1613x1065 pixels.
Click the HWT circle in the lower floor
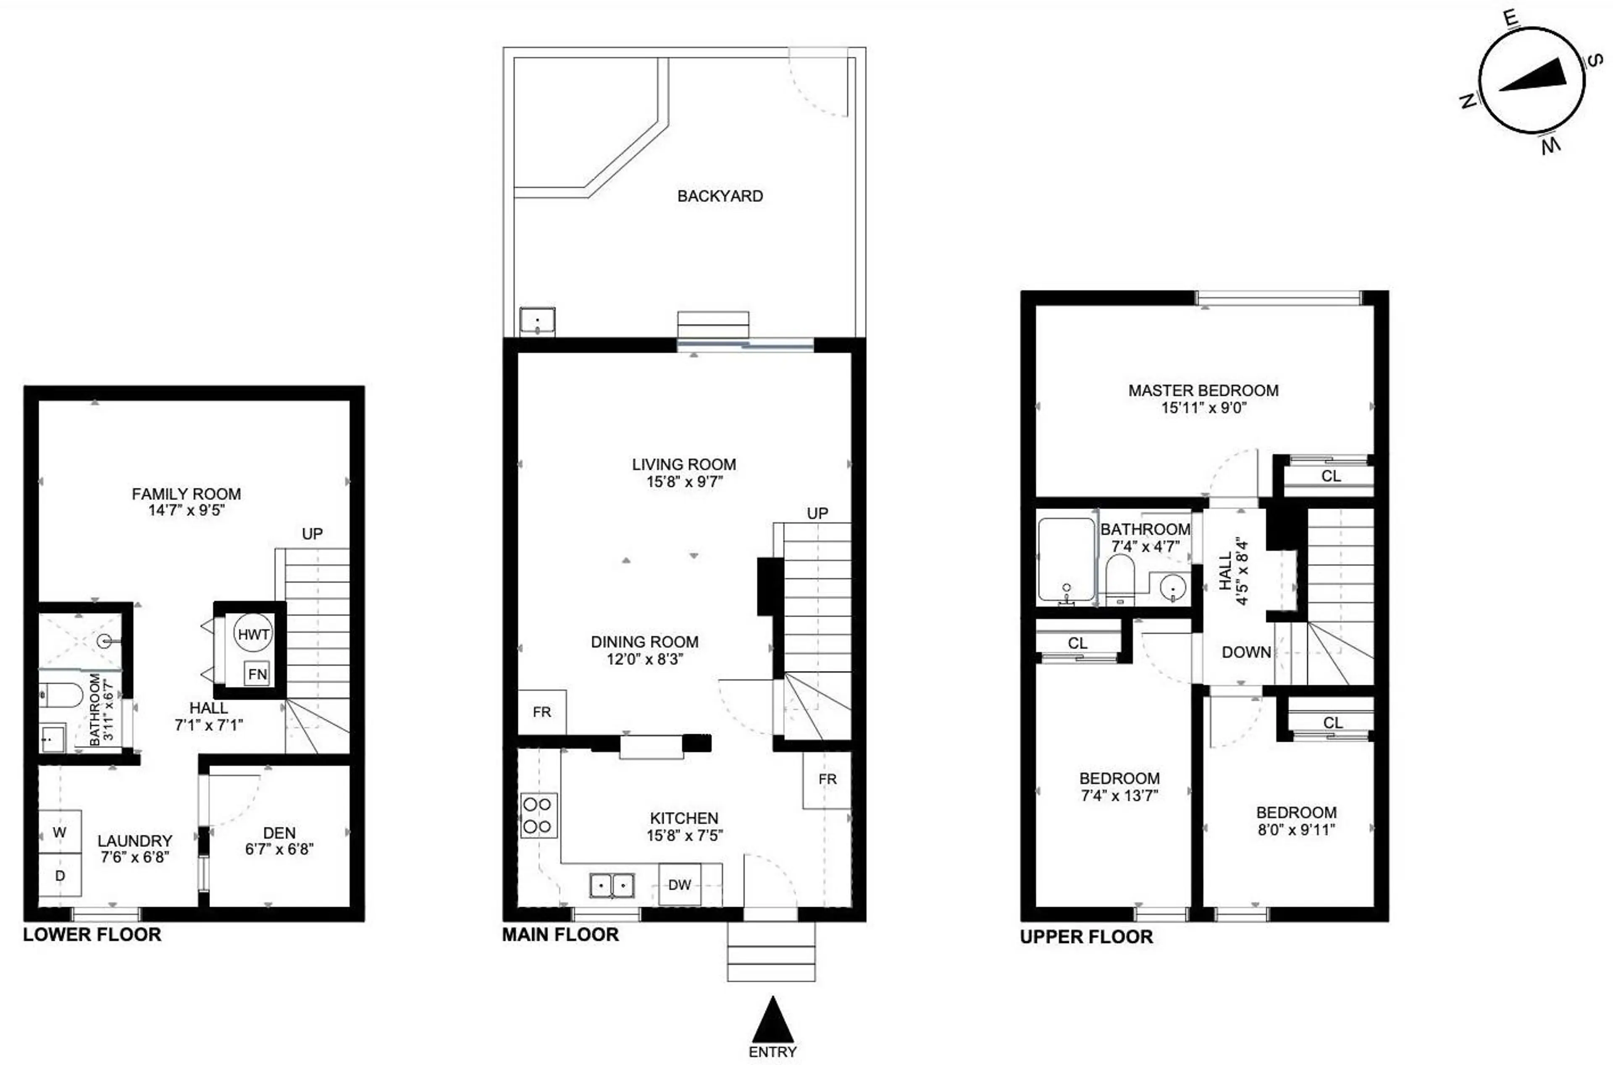(253, 634)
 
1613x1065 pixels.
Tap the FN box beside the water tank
(257, 674)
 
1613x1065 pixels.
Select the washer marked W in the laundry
(60, 832)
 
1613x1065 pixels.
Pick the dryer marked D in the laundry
(60, 876)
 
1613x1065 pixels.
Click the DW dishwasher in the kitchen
(680, 884)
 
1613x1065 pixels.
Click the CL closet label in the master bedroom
(1330, 476)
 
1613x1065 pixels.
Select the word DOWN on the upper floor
(1246, 652)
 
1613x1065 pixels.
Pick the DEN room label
(279, 833)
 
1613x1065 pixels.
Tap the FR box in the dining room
(541, 712)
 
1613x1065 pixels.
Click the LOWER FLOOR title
(92, 934)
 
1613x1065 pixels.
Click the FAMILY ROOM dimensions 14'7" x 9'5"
(186, 510)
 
